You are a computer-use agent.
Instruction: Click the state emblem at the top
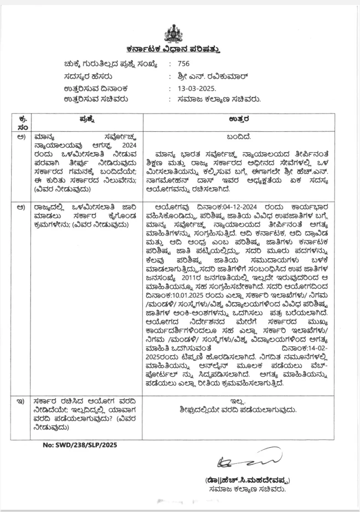(x=179, y=33)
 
